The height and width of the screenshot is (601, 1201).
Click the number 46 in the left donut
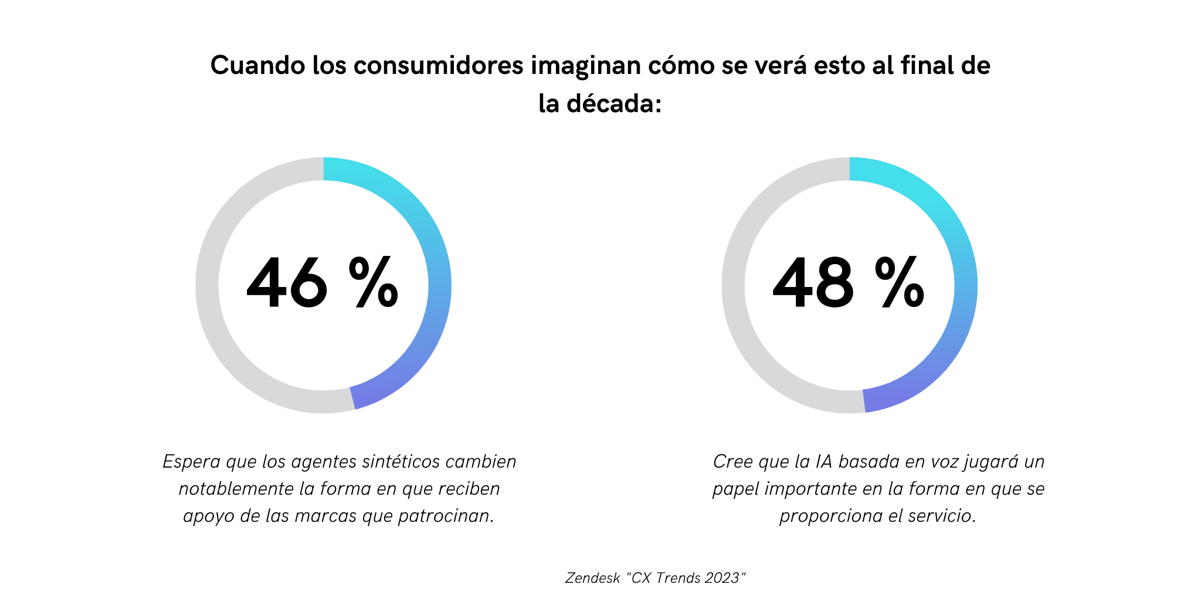click(x=287, y=283)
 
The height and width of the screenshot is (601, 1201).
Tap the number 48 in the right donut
click(x=813, y=283)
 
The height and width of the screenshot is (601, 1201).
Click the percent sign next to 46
click(x=374, y=283)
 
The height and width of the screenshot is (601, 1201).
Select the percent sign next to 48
click(x=900, y=283)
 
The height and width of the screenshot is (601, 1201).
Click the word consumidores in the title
click(x=438, y=66)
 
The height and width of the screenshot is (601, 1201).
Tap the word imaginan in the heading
click(x=586, y=66)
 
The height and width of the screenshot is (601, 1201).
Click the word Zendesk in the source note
click(x=592, y=578)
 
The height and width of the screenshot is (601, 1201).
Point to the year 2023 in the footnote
click(x=722, y=578)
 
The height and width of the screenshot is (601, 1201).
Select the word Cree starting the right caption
click(x=732, y=462)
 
